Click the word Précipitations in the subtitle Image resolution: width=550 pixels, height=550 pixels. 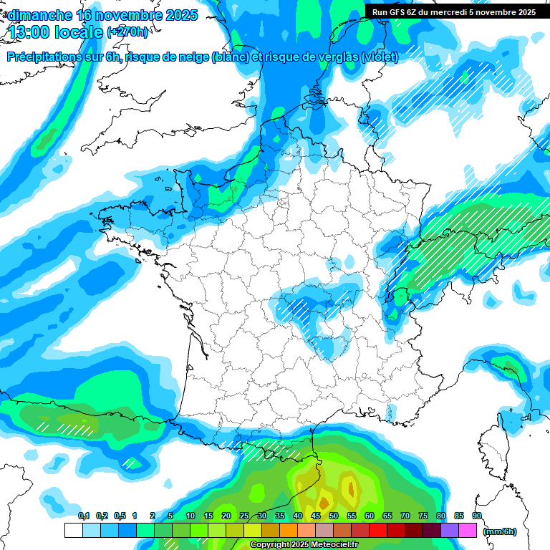click(x=44, y=57)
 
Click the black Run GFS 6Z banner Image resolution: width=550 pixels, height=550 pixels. click(x=454, y=11)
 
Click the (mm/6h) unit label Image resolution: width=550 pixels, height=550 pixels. click(x=499, y=531)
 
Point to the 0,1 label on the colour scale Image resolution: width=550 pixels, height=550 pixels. click(x=84, y=516)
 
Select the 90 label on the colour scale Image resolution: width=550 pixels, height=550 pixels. click(x=477, y=516)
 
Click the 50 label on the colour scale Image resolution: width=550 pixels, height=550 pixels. click(x=334, y=516)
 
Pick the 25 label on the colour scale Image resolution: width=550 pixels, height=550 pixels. click(x=244, y=516)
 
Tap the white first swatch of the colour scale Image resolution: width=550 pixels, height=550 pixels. click(x=73, y=530)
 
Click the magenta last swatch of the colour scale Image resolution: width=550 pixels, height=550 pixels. click(x=468, y=530)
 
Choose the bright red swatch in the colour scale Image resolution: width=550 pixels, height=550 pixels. click(x=378, y=530)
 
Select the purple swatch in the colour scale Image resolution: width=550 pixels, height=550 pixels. click(x=450, y=530)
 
